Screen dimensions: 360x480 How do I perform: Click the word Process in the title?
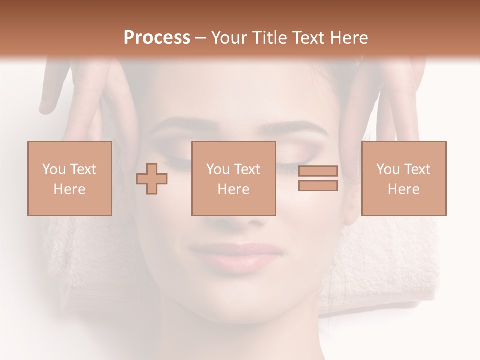[157, 38]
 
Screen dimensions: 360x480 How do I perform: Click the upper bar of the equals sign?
[318, 171]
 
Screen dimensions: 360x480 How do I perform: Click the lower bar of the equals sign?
[318, 185]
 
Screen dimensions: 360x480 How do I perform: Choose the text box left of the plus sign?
[69, 178]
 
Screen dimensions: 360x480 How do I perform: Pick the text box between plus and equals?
[233, 178]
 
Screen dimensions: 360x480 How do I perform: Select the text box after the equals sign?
[403, 178]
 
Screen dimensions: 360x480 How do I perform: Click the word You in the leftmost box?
[53, 169]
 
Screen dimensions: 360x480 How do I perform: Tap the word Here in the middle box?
[233, 189]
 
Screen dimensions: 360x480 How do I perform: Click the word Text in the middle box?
[247, 169]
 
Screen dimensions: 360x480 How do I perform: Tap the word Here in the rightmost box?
[403, 189]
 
